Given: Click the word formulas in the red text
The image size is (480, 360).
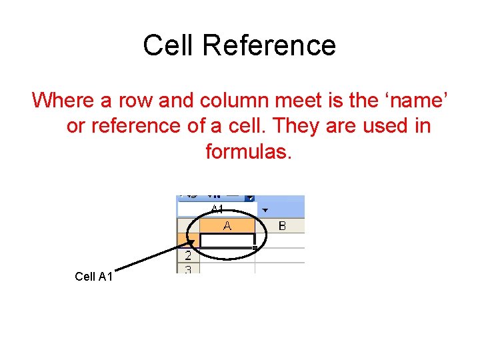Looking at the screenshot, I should click(x=249, y=151).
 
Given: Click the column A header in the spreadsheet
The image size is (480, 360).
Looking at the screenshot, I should click(x=227, y=226).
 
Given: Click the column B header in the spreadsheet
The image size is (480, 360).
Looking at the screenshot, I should click(x=281, y=226).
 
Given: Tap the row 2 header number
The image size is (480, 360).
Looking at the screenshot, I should click(x=188, y=255).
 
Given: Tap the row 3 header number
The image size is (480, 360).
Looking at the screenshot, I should click(x=188, y=269).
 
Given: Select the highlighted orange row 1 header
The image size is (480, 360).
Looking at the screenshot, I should click(x=187, y=240).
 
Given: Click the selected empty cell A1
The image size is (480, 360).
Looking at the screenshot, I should click(x=227, y=240).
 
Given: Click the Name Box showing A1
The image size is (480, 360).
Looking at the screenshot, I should click(x=217, y=209).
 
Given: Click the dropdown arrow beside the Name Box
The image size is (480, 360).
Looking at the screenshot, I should click(x=265, y=209).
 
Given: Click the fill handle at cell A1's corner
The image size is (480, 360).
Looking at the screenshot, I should click(x=255, y=248).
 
